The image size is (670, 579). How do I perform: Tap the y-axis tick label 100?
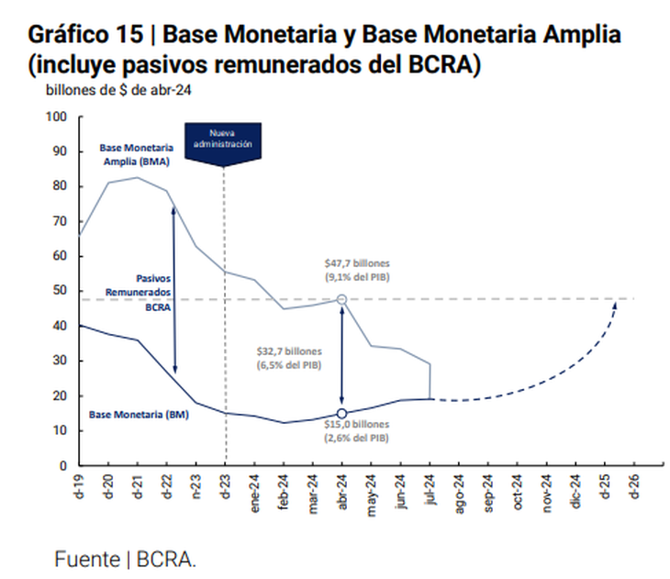[58, 117]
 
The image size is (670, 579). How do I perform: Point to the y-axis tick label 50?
[61, 291]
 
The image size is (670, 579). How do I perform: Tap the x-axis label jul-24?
[430, 486]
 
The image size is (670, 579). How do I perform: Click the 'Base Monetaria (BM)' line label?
[139, 415]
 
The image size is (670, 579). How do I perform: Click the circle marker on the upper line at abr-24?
[342, 299]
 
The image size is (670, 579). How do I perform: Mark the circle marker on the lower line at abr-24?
[342, 414]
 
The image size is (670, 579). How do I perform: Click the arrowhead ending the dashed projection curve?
[614, 304]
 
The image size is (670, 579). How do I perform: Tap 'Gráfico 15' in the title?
[85, 36]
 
